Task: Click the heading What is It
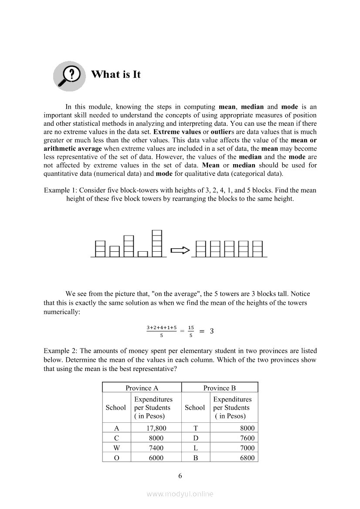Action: pyautogui.click(x=116, y=74)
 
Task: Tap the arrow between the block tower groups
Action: pyautogui.click(x=180, y=250)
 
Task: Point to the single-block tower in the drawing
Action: pyautogui.click(x=143, y=253)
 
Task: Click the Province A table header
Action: pyautogui.click(x=142, y=388)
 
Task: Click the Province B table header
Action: pyautogui.click(x=219, y=388)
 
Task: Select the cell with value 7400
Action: pyautogui.click(x=156, y=448)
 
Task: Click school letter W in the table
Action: pyautogui.click(x=116, y=448)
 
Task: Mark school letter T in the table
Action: pyautogui.click(x=195, y=428)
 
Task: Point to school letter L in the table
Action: pyautogui.click(x=195, y=448)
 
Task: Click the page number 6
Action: pyautogui.click(x=180, y=475)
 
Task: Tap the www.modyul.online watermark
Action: pyautogui.click(x=180, y=494)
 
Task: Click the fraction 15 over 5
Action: pyautogui.click(x=191, y=331)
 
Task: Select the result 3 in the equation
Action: pyautogui.click(x=212, y=331)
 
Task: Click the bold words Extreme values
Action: pyautogui.click(x=177, y=132)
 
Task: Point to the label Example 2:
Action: pyautogui.click(x=60, y=351)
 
